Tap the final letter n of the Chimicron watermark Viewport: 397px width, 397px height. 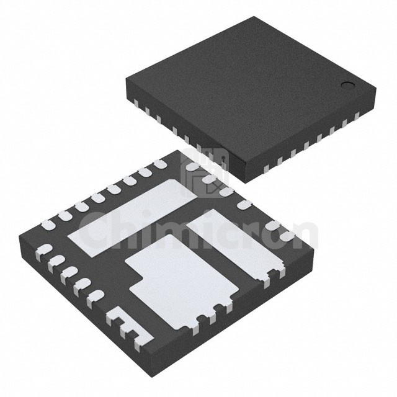304,234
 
